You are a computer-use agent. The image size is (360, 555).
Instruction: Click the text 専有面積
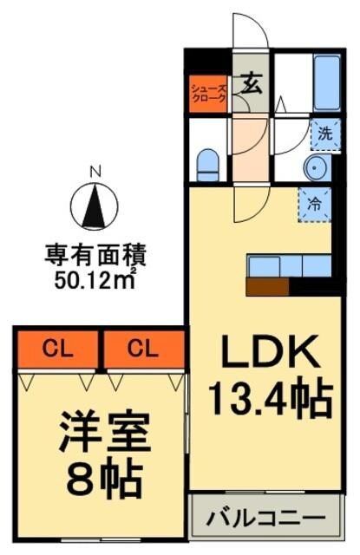[x=95, y=256]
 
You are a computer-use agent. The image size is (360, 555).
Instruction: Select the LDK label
[x=270, y=353]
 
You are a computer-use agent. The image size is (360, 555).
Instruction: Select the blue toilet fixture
[x=208, y=164]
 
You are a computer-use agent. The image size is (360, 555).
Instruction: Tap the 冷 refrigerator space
[x=314, y=206]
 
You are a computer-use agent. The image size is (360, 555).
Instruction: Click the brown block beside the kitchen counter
[x=267, y=286]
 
